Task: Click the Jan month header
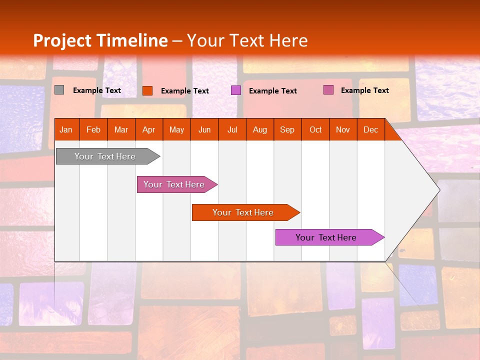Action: coord(66,130)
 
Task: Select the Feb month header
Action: coord(93,130)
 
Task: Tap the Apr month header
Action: coord(148,130)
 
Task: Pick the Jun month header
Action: coord(204,130)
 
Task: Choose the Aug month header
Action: coord(259,130)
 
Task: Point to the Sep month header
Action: coord(287,130)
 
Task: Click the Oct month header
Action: coord(315,130)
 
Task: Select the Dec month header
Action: coord(370,130)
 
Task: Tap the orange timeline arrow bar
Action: coord(243,212)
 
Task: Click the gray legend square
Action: coord(59,90)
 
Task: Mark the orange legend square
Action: coord(147,90)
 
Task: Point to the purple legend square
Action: coord(235,90)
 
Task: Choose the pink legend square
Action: coord(328,90)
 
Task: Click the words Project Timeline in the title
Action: coord(100,40)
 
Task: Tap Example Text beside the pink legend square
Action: coord(364,90)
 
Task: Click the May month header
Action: coord(176,130)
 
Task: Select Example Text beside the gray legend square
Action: coord(96,90)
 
